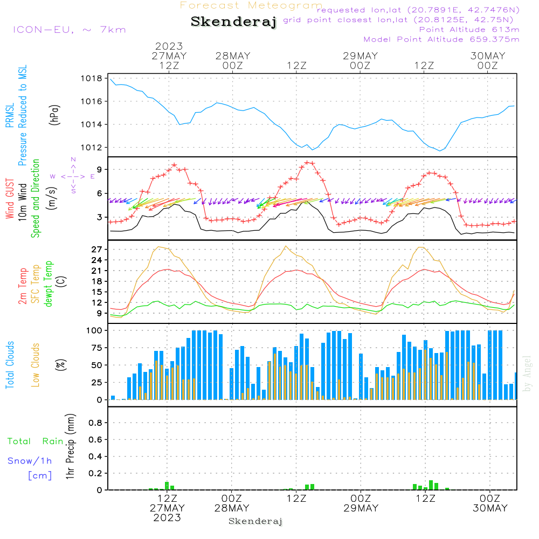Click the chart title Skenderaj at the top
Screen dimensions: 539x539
pos(233,22)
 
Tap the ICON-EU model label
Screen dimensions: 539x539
pos(69,30)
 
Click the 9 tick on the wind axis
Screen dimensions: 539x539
pos(99,170)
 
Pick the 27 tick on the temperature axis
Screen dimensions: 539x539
pos(96,250)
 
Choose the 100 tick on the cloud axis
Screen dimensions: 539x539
pos(94,330)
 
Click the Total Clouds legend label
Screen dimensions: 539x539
pos(10,364)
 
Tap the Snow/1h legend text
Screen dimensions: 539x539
pos(30,461)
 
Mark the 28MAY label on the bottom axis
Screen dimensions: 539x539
pos(232,508)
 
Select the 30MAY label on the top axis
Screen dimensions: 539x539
pos(488,56)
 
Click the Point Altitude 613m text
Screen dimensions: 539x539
pos(469,30)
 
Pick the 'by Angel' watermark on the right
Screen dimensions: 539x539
pos(527,374)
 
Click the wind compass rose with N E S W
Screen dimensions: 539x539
pos(73,176)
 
